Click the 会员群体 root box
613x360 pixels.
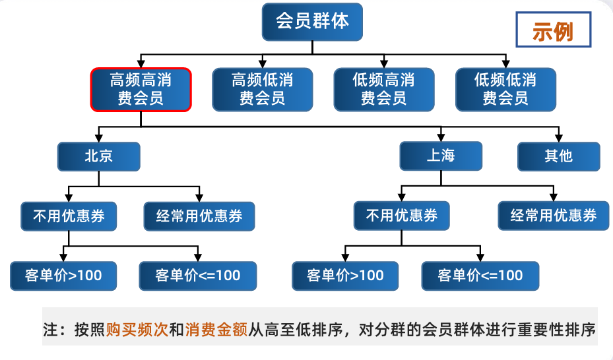click(312, 21)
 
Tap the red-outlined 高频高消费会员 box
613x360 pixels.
click(141, 90)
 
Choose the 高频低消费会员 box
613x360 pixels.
click(262, 90)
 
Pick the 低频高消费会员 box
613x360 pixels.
click(384, 90)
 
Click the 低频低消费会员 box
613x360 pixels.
click(505, 90)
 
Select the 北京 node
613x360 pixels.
click(98, 156)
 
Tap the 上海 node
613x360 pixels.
click(441, 156)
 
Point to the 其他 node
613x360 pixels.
click(558, 156)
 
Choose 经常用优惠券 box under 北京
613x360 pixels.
click(199, 216)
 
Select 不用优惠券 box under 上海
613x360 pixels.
click(401, 216)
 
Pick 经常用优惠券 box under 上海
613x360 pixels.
click(554, 216)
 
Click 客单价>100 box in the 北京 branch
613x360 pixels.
click(63, 276)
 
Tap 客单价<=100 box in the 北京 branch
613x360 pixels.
click(198, 276)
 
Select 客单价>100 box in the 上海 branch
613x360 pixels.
click(345, 276)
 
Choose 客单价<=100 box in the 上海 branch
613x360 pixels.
click(480, 276)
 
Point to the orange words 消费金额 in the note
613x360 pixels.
click(216, 328)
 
